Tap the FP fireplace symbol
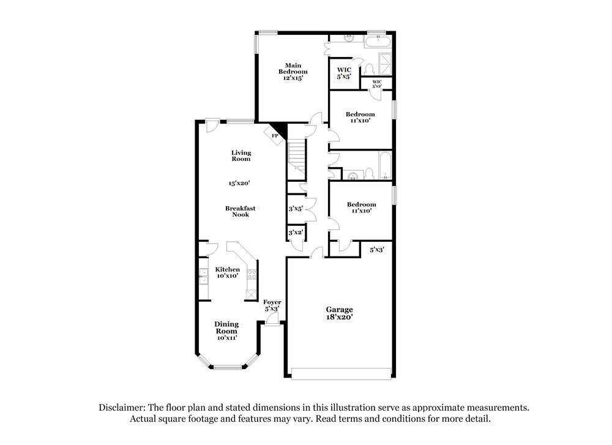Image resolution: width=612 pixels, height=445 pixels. pyautogui.click(x=275, y=135)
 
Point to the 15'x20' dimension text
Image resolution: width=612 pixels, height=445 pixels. pyautogui.click(x=241, y=183)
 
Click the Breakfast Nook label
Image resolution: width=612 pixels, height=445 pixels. pyautogui.click(x=241, y=211)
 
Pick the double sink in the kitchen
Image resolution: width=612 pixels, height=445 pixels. pyautogui.click(x=203, y=277)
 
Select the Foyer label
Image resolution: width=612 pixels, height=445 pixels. pyautogui.click(x=272, y=305)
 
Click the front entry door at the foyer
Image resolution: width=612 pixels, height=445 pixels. pyautogui.click(x=272, y=320)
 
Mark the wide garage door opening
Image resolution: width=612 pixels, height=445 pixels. pyautogui.click(x=341, y=373)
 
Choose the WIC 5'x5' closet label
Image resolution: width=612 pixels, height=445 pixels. pyautogui.click(x=344, y=73)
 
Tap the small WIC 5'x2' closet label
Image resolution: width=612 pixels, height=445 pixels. pyautogui.click(x=377, y=84)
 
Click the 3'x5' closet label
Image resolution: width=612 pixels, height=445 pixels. pyautogui.click(x=296, y=209)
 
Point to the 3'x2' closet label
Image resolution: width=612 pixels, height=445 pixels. pyautogui.click(x=296, y=233)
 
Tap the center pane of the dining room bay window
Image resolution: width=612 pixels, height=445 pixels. pyautogui.click(x=228, y=367)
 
